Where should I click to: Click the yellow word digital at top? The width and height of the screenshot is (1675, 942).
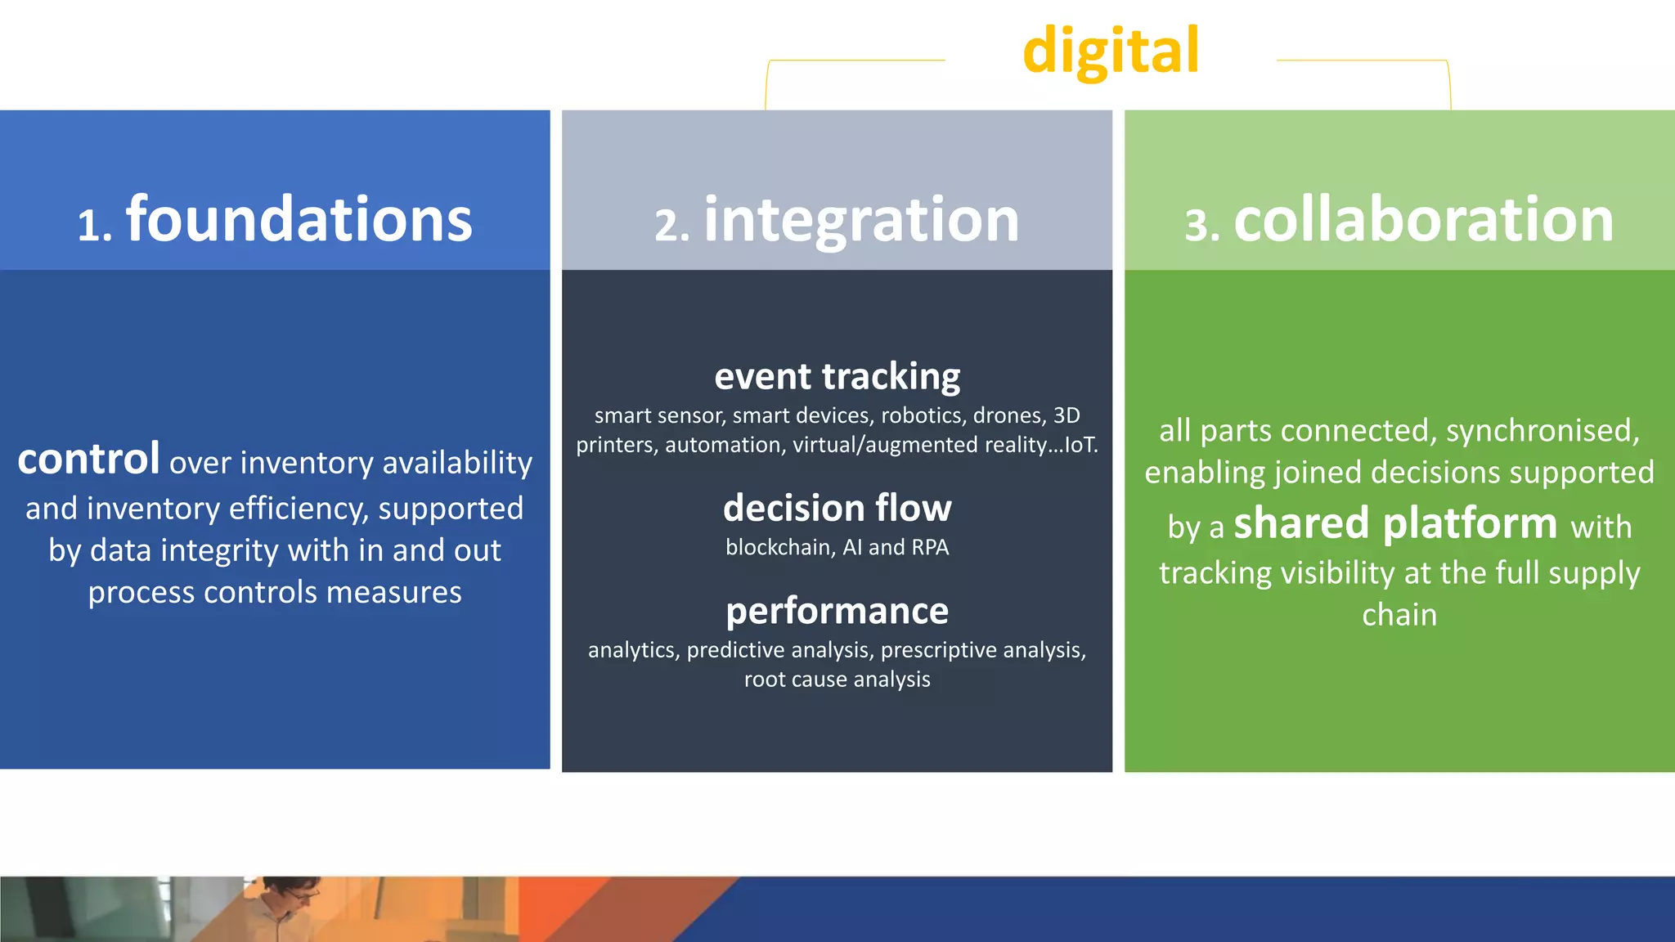1111,52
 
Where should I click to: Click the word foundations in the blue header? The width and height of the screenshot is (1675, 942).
299,220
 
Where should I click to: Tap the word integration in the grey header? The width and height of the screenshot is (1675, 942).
861,220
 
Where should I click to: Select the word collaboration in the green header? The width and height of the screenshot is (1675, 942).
1423,220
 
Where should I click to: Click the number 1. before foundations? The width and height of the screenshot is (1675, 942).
94,227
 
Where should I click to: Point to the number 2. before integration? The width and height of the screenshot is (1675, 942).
671,227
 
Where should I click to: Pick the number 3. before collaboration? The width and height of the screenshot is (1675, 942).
1201,227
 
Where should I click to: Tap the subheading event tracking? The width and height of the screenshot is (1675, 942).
837,377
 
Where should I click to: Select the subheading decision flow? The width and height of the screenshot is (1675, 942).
837,509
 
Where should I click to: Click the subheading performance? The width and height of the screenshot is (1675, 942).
837,611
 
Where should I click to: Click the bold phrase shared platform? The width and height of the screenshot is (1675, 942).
1395,523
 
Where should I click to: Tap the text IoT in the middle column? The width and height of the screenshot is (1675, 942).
1079,446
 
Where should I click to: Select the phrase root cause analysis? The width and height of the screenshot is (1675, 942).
837,680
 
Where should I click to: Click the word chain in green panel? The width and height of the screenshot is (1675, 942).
1399,615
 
